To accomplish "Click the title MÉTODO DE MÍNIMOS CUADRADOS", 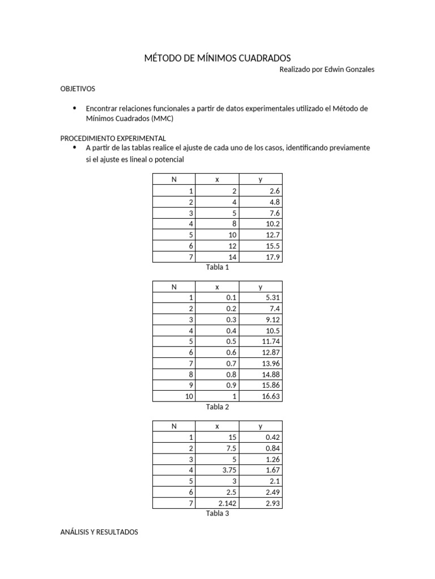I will pyautogui.click(x=217, y=58).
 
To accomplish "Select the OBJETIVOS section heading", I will pyautogui.click(x=78, y=89).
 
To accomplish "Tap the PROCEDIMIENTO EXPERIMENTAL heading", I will pyautogui.click(x=113, y=138).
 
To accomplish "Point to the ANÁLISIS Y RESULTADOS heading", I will pyautogui.click(x=99, y=532).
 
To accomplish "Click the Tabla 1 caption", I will pyautogui.click(x=217, y=267).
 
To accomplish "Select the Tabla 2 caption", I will pyautogui.click(x=217, y=407).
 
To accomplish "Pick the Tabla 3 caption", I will pyautogui.click(x=217, y=513).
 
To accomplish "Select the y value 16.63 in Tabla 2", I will pyautogui.click(x=271, y=397).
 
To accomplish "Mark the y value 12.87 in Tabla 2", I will pyautogui.click(x=271, y=353).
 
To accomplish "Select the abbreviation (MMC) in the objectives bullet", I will pyautogui.click(x=161, y=119).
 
